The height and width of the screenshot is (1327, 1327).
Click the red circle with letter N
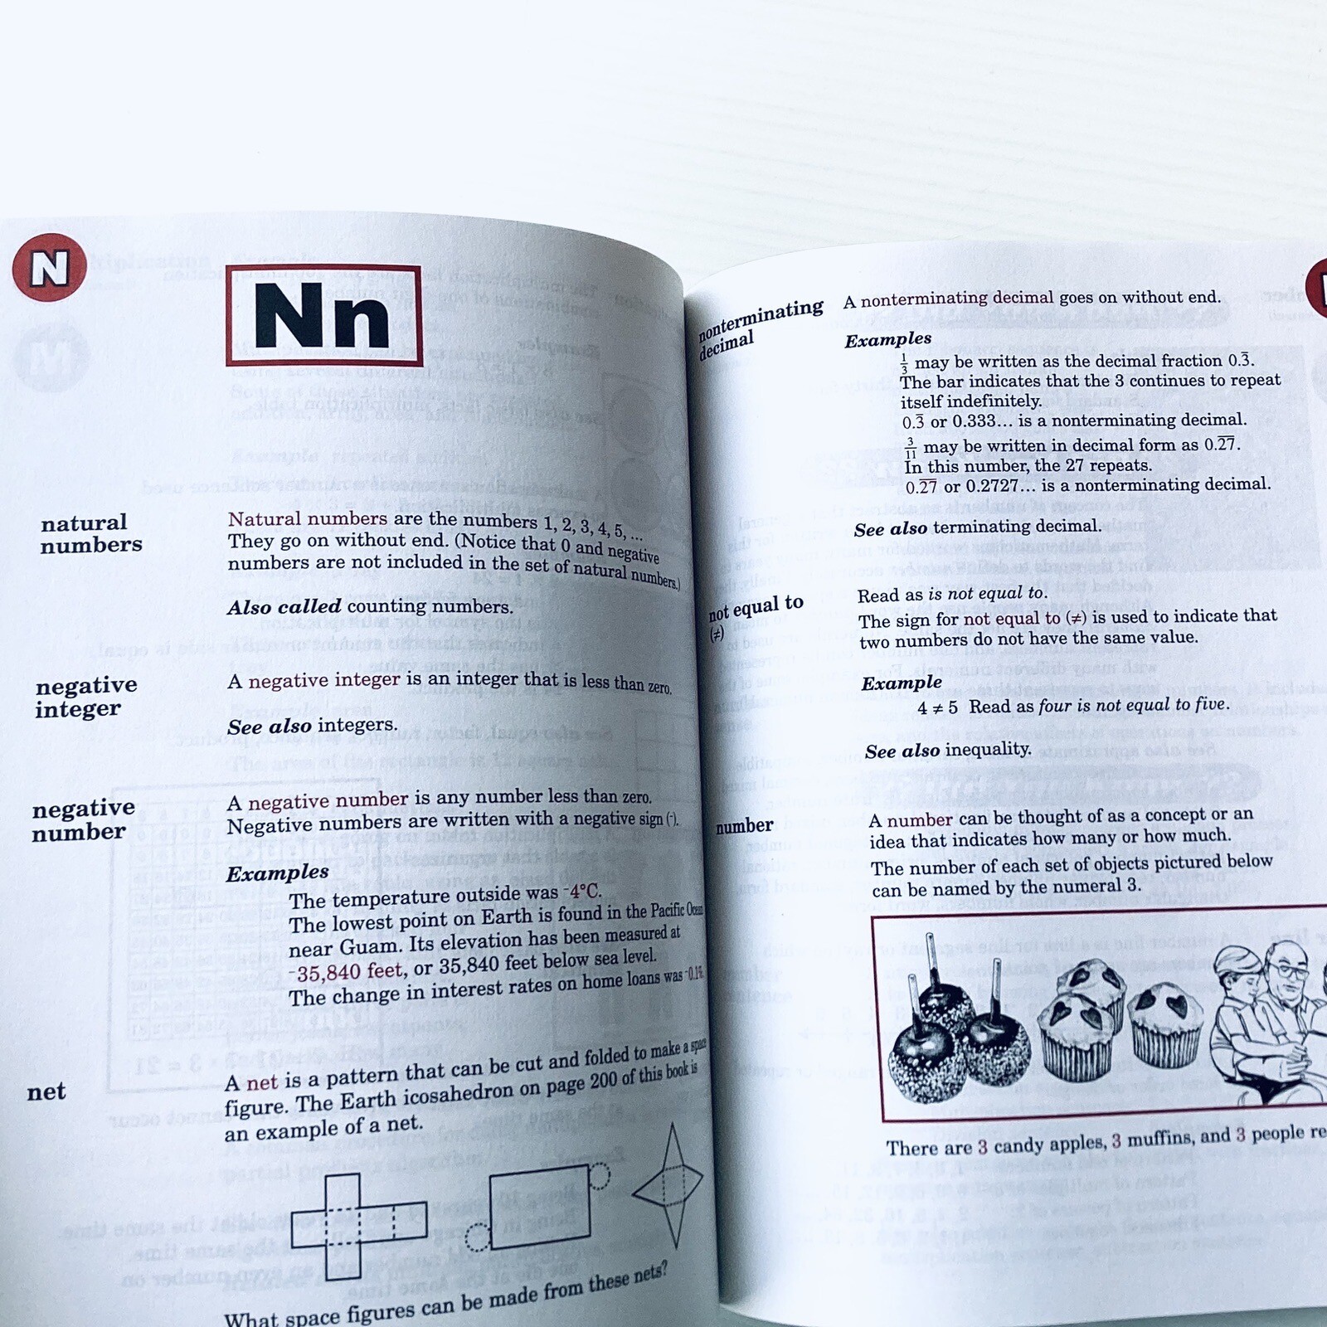coord(49,267)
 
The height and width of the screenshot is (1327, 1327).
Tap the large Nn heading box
coord(323,315)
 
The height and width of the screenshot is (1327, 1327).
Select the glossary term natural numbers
coord(90,533)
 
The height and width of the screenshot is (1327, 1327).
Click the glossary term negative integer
coord(85,697)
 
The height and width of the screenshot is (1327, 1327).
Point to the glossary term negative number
coord(82,819)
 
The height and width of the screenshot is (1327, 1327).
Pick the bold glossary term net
coord(46,1091)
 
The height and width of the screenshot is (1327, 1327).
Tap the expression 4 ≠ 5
coord(937,707)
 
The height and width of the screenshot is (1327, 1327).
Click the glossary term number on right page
coord(744,826)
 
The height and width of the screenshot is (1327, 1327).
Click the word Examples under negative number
coord(277,873)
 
